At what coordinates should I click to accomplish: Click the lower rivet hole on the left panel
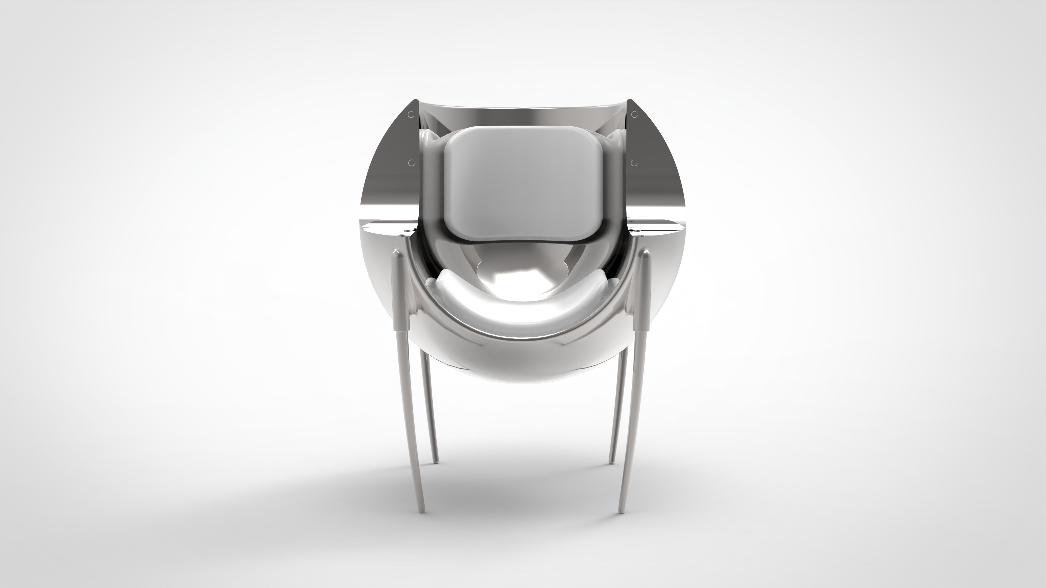pyautogui.click(x=411, y=163)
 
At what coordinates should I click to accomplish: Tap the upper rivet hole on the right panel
pyautogui.click(x=634, y=115)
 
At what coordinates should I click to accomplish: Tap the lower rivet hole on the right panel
pyautogui.click(x=633, y=163)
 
